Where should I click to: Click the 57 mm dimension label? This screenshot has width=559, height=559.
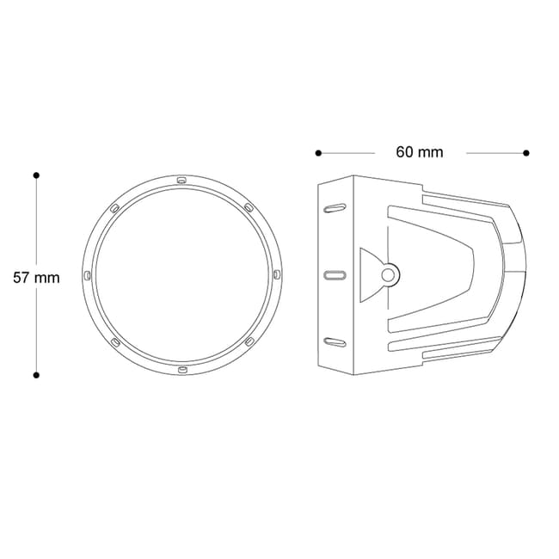[36, 278]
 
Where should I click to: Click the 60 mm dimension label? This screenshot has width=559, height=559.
[420, 152]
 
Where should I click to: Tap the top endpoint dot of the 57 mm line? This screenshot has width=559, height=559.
[36, 175]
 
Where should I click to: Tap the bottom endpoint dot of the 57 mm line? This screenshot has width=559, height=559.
[36, 375]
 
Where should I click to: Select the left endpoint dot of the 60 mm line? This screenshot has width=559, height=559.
[318, 153]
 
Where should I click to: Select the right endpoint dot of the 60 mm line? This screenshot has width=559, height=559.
[525, 153]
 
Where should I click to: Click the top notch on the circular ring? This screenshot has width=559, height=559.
[181, 180]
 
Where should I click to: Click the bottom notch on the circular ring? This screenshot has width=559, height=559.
[182, 370]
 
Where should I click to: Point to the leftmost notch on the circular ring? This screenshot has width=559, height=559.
[87, 275]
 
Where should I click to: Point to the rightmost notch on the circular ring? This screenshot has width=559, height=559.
[277, 275]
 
